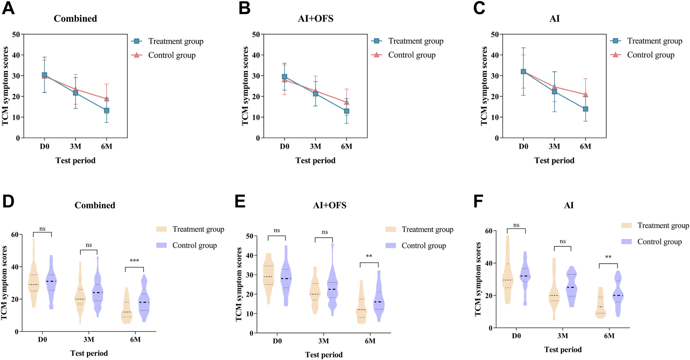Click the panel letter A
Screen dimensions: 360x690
8,8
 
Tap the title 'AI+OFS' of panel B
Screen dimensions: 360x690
315,19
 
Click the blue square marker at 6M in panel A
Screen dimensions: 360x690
106,111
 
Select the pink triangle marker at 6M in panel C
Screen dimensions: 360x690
585,94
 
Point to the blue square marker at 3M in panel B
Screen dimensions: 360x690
315,94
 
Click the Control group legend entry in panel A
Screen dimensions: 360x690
172,55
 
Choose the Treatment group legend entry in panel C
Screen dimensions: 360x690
655,41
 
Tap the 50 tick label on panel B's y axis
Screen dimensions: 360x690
256,34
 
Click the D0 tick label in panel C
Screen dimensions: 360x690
523,147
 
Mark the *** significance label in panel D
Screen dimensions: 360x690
134,261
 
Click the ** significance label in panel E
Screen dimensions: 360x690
369,256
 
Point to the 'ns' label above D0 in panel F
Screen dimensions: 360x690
516,225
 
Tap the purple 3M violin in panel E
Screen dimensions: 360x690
332,290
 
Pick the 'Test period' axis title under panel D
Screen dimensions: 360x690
89,353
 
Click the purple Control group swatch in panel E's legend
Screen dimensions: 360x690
391,246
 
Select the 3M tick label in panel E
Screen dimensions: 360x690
324,341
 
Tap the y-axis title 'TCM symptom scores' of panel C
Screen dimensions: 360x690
484,86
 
